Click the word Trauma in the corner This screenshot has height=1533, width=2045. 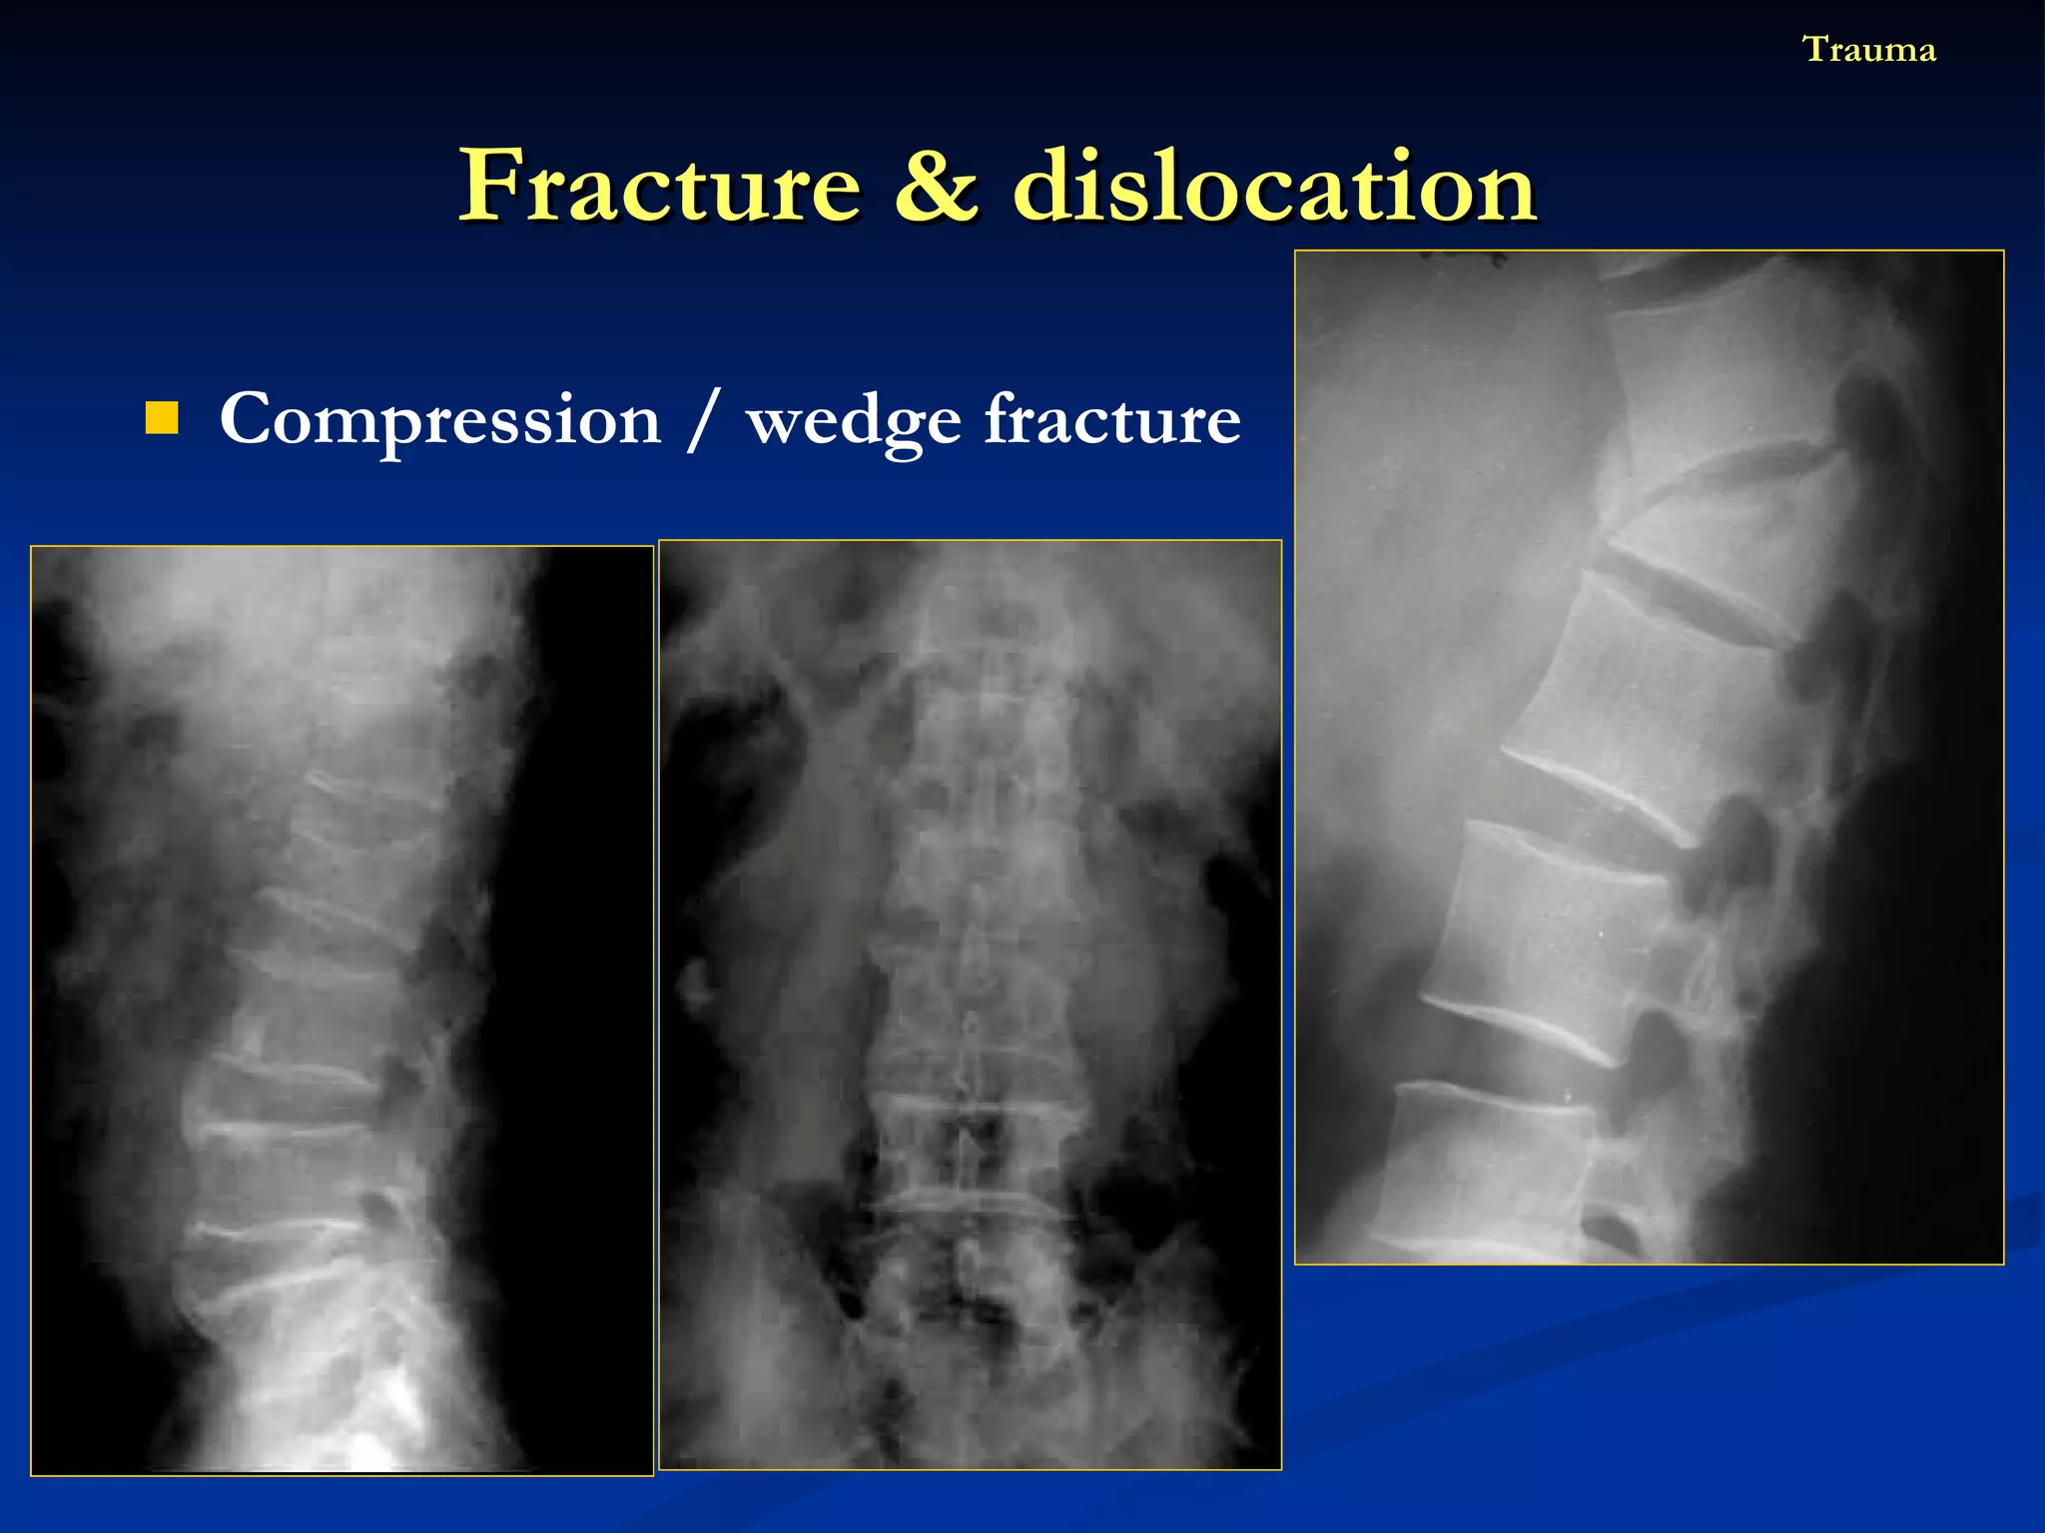click(x=1868, y=49)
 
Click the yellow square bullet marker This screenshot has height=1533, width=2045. click(x=162, y=418)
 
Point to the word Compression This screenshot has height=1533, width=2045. click(x=439, y=420)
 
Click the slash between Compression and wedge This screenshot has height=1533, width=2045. click(x=703, y=420)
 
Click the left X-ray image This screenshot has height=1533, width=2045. click(x=341, y=1010)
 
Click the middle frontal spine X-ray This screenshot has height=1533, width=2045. click(x=970, y=1004)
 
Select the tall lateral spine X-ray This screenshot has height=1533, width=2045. click(x=1649, y=757)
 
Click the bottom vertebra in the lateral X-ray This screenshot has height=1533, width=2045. click(x=1498, y=1168)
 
